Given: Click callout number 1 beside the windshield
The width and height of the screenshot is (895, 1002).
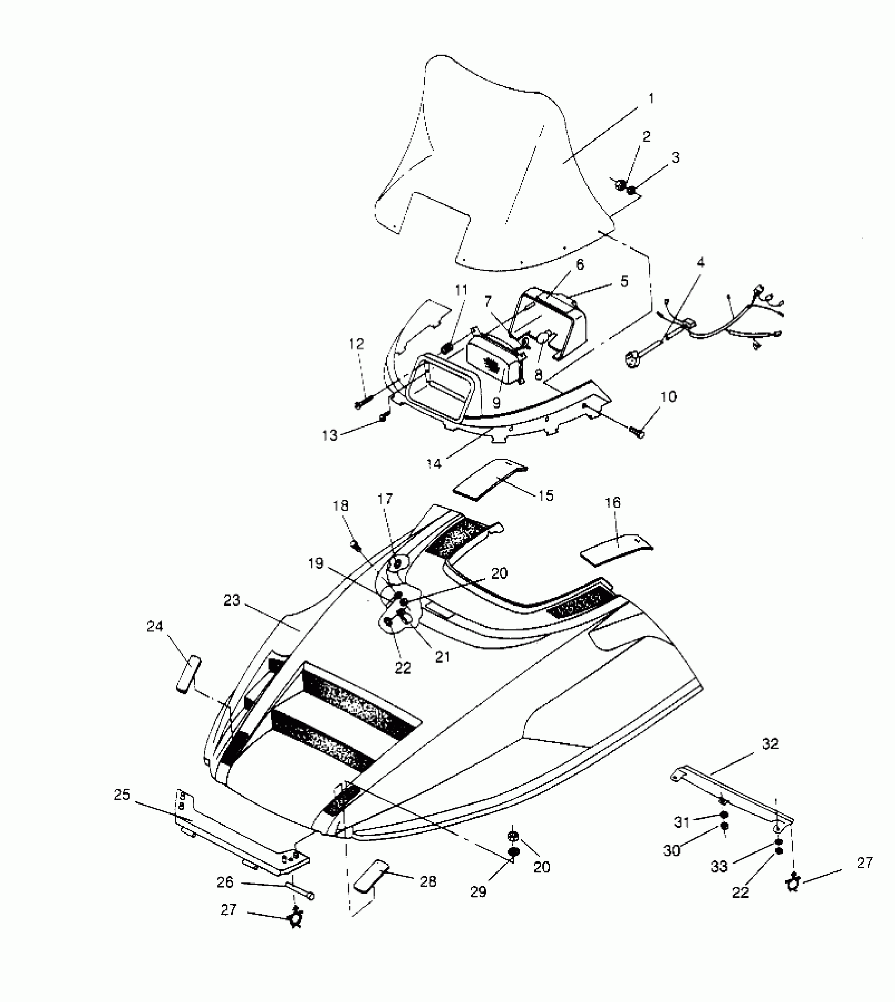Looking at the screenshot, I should click(x=651, y=98).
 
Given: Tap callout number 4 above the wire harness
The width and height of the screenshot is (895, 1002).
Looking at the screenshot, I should click(x=700, y=262).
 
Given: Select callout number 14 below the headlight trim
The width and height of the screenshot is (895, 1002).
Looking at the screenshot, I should click(x=434, y=463).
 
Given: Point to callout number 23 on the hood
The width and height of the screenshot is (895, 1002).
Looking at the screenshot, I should click(x=232, y=600).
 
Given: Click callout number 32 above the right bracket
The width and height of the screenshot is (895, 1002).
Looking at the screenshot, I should click(x=770, y=744).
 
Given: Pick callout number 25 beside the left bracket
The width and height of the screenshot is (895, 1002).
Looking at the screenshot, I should click(x=122, y=795).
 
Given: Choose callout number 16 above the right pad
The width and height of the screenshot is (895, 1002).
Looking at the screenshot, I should click(x=613, y=502).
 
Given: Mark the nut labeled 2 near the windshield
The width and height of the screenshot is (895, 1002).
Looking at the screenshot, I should click(x=620, y=185).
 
